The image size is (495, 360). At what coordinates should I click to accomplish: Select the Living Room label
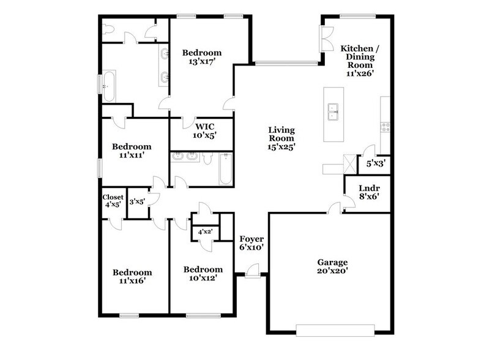point(281,138)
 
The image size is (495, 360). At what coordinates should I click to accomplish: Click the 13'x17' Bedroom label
point(202,58)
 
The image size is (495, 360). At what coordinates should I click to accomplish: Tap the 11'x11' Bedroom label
point(131,151)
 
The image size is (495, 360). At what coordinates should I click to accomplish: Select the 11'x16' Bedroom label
point(131,277)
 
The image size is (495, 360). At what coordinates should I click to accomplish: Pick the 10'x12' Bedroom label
point(203,273)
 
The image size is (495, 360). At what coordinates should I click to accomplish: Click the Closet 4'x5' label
point(114,201)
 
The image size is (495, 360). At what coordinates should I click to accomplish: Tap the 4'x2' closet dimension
point(204,233)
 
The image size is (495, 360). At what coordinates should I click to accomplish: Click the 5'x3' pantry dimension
point(374,163)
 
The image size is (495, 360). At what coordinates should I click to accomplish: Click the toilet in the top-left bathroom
point(108,30)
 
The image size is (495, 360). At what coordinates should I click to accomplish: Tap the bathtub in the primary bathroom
point(108,86)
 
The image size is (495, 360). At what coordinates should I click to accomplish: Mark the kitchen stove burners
point(385,127)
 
